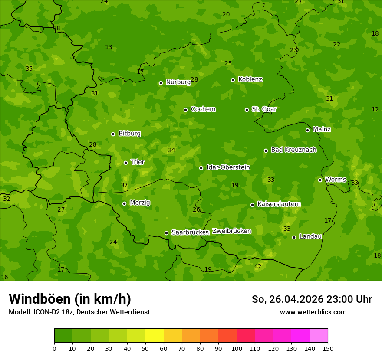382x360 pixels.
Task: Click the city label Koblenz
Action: (x=250, y=79)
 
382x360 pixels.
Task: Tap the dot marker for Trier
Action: (x=125, y=163)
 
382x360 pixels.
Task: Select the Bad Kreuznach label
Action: (x=293, y=150)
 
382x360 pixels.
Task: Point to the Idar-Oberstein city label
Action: (x=228, y=167)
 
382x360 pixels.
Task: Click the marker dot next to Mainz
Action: (x=307, y=130)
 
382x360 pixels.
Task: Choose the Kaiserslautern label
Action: (x=279, y=204)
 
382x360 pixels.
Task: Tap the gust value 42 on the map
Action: (x=258, y=266)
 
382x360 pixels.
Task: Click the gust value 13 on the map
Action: (x=109, y=47)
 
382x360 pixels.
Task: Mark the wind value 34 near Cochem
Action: (x=171, y=150)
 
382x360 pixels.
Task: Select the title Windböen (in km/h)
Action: (x=69, y=299)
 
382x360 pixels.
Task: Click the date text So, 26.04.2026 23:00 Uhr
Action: (x=312, y=299)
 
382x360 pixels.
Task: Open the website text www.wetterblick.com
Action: (x=313, y=312)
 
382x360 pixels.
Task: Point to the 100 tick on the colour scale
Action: (x=237, y=348)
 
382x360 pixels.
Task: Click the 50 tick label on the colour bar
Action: (x=145, y=348)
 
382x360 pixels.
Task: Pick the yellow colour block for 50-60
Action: (x=155, y=336)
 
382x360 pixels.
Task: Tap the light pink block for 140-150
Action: (x=319, y=336)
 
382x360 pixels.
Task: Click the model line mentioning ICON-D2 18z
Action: (x=79, y=312)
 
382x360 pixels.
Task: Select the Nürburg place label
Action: (x=178, y=82)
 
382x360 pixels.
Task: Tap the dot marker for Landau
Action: (x=294, y=237)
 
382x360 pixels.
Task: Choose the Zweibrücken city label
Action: (x=231, y=231)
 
